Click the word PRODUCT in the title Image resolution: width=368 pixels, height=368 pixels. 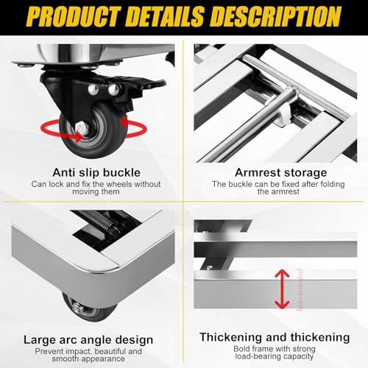pyautogui.click(x=70, y=17)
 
